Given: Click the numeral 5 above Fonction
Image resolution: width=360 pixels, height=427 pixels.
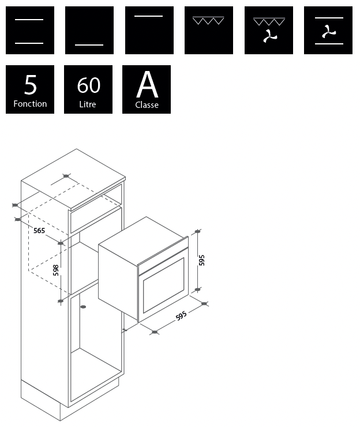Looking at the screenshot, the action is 30,85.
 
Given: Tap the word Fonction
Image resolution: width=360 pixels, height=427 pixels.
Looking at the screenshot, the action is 30,104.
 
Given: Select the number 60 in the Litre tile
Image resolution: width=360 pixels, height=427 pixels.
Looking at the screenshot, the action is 88,85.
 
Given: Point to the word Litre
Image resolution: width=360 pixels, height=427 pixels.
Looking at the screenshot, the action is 88,104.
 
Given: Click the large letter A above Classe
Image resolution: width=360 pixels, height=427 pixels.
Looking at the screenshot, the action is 147,84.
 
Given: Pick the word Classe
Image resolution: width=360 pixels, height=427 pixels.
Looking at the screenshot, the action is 147,104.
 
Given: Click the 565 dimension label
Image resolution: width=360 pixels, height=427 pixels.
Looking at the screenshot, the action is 39,231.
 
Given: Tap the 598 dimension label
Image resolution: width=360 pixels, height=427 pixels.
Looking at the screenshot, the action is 56,270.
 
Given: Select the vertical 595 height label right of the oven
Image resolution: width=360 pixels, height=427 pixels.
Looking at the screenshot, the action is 202,260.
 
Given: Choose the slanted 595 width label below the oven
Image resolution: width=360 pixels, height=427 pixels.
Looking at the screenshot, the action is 181,316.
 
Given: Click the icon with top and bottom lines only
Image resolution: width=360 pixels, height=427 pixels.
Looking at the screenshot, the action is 30,30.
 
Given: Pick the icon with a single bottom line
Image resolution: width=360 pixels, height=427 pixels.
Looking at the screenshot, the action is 89,30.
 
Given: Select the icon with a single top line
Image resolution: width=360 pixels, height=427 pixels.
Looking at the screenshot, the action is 149,30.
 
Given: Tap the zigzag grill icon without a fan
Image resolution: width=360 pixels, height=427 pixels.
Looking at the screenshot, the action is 209,30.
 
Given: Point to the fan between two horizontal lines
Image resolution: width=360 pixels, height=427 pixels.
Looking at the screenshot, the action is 329,32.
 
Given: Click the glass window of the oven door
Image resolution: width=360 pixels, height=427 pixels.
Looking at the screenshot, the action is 163,285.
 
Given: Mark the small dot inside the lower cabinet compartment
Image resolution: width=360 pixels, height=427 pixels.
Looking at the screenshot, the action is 83,307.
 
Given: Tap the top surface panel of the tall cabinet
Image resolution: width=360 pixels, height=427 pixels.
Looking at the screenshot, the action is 73,179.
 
